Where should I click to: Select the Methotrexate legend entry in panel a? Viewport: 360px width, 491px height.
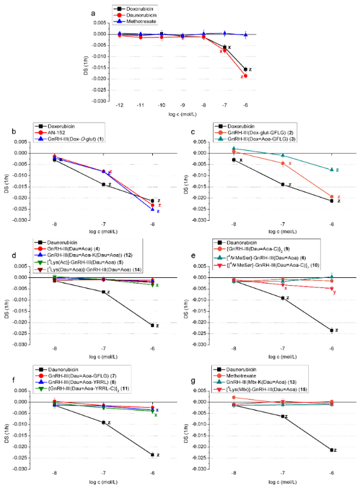click(x=140, y=23)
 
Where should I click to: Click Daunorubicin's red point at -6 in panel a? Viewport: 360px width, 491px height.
click(x=246, y=76)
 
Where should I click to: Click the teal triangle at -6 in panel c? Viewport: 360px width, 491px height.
click(x=332, y=170)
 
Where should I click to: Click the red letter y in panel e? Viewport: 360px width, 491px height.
click(x=334, y=292)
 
